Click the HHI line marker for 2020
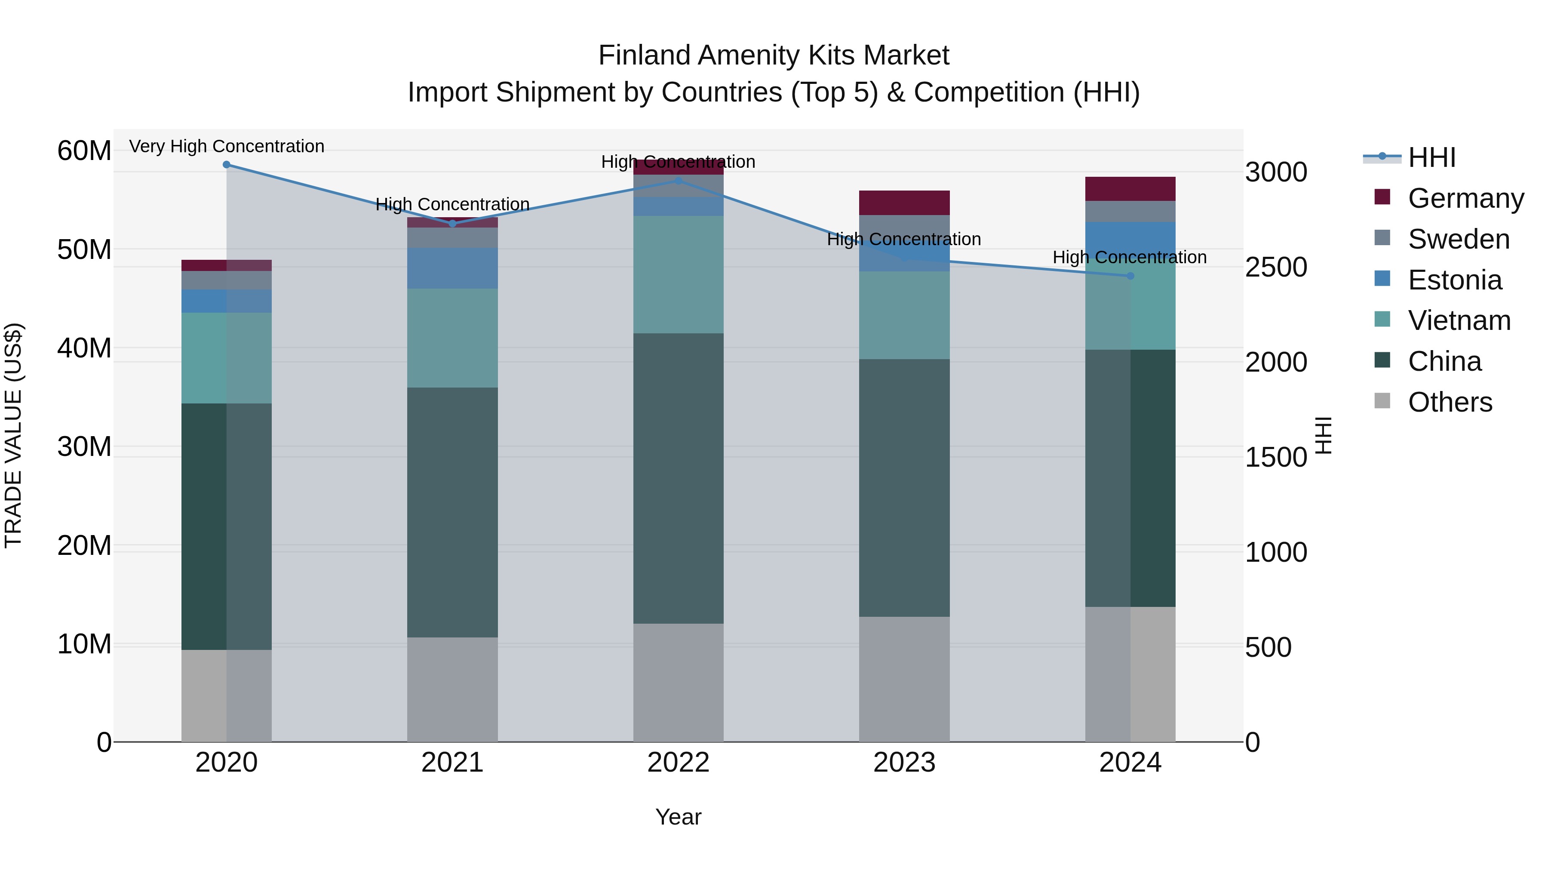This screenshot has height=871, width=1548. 227,165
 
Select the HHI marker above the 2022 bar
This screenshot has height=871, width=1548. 679,180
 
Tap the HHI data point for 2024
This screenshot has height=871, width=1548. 1130,276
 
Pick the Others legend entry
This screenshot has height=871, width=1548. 1450,402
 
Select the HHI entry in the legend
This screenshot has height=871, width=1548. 1431,157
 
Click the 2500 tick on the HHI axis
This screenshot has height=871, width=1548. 1276,268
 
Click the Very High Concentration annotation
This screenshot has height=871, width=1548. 227,146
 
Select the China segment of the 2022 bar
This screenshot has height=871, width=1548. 679,478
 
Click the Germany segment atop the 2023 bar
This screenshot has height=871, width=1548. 904,203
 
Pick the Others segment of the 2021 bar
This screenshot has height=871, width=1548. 452,689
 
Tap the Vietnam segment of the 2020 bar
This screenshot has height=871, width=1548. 227,358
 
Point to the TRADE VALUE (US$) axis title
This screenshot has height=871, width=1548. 13,435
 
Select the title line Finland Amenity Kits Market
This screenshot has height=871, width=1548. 774,55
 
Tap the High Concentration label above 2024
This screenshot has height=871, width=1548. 1129,257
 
